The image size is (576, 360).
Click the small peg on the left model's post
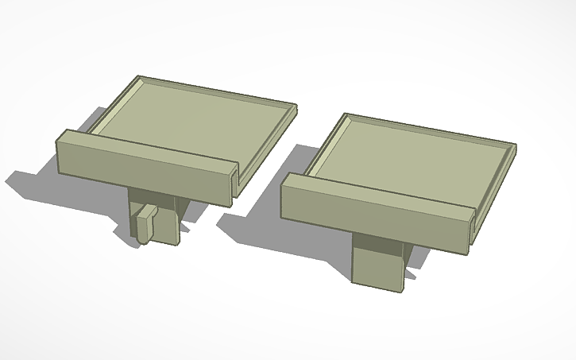[144, 224]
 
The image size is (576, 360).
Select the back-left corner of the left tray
[141, 79]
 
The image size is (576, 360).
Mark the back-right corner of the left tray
[294, 106]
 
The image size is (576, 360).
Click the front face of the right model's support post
[377, 261]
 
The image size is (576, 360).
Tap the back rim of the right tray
[429, 130]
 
